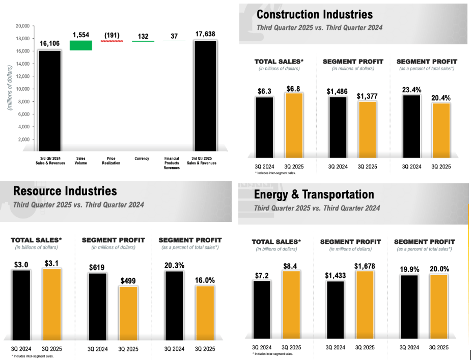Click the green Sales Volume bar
pyautogui.click(x=81, y=45)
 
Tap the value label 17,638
pyautogui.click(x=205, y=34)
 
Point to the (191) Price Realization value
pyautogui.click(x=112, y=35)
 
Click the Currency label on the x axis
pyautogui.click(x=142, y=158)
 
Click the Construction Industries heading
pyautogui.click(x=315, y=14)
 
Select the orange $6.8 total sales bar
pyautogui.click(x=294, y=125)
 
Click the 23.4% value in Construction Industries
pyautogui.click(x=411, y=89)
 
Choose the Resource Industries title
pyautogui.click(x=65, y=191)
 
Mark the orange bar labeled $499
pyautogui.click(x=128, y=312)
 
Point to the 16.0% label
pyautogui.click(x=204, y=280)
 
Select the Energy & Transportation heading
pyautogui.click(x=314, y=195)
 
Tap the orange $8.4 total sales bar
pyautogui.click(x=291, y=304)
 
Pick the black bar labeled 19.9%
pyautogui.click(x=409, y=307)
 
